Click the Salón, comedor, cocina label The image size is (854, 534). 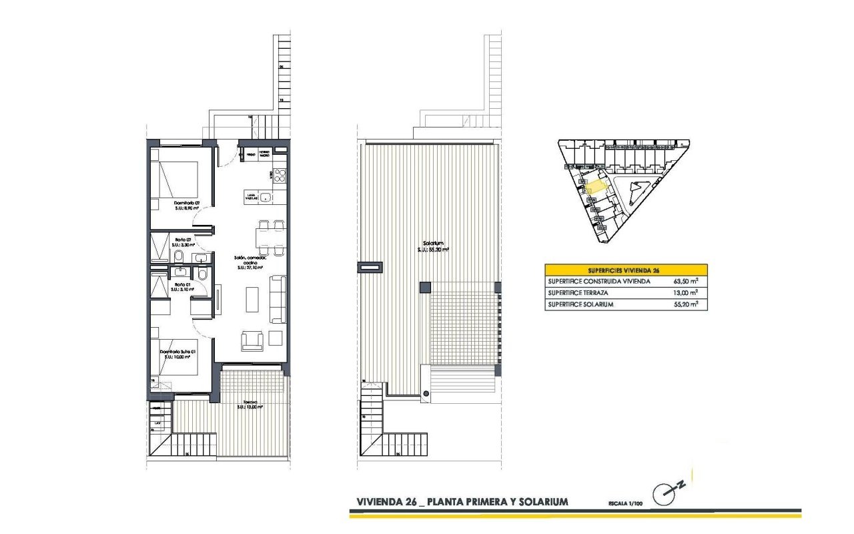pyautogui.click(x=250, y=260)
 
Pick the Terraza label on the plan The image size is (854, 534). pyautogui.click(x=250, y=403)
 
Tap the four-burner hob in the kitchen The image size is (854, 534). pyautogui.click(x=279, y=176)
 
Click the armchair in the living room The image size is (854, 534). pyautogui.click(x=252, y=340)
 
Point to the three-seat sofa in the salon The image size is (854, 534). pyautogui.click(x=276, y=300)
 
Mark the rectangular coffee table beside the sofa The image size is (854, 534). pyautogui.click(x=253, y=299)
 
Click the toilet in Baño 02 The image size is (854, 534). pyautogui.click(x=177, y=257)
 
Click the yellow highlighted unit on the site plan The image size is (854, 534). pyautogui.click(x=596, y=186)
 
